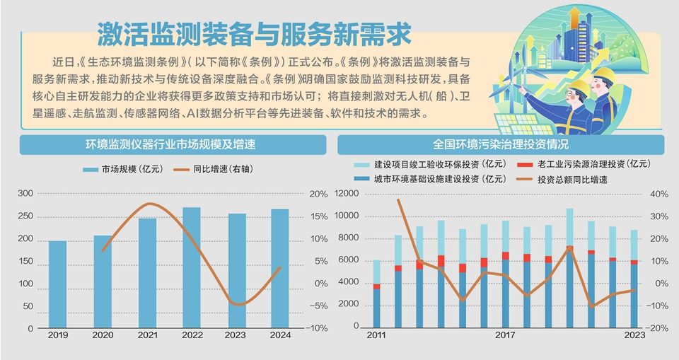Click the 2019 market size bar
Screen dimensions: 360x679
click(x=57, y=284)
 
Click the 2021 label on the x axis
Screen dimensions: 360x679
click(x=147, y=335)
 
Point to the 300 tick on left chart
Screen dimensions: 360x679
click(x=25, y=194)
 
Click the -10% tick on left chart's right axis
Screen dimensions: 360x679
click(x=318, y=329)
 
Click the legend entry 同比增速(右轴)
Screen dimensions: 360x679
click(x=216, y=170)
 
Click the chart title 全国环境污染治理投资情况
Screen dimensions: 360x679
click(x=501, y=146)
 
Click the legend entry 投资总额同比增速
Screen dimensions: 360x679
click(x=572, y=180)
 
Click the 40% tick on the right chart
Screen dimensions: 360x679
click(x=659, y=194)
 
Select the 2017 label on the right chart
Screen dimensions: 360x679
click(x=505, y=335)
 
